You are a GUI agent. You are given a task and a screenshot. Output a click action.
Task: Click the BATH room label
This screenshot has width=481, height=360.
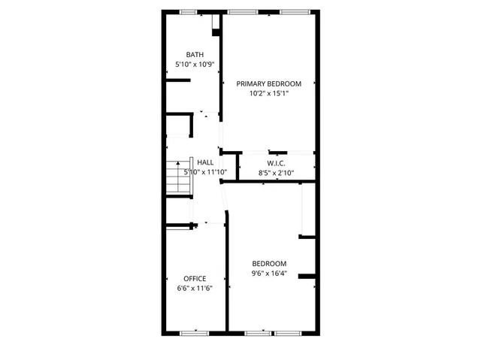195,54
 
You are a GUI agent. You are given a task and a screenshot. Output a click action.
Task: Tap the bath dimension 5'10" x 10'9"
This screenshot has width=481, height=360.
195,65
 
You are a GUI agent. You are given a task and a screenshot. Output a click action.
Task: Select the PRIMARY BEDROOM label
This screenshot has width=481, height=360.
269,83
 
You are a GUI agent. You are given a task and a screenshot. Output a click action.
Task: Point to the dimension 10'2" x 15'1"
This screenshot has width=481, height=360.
269,94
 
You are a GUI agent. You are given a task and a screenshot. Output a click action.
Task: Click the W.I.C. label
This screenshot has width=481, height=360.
276,164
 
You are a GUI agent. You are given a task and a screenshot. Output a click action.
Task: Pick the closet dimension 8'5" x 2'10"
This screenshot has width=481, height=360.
276,173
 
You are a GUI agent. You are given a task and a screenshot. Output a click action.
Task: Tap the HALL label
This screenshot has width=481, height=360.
205,162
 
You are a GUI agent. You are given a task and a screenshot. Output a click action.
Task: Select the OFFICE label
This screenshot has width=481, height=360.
195,279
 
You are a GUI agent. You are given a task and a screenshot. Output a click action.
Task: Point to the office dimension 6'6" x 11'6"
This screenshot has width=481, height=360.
195,289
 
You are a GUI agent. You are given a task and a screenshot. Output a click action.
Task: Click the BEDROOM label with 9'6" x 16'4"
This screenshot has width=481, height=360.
269,264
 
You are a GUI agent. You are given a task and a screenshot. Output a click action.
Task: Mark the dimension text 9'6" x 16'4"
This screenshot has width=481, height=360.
269,274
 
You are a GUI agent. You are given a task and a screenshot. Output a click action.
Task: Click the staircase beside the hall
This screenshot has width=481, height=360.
176,179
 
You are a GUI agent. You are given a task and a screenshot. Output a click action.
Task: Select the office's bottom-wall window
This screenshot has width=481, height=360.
195,332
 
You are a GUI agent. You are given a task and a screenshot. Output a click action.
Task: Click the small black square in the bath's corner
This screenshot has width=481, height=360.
216,32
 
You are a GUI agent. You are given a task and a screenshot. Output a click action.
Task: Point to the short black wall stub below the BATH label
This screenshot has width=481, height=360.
177,81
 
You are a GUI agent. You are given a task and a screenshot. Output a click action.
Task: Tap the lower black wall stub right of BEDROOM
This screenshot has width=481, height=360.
306,277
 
